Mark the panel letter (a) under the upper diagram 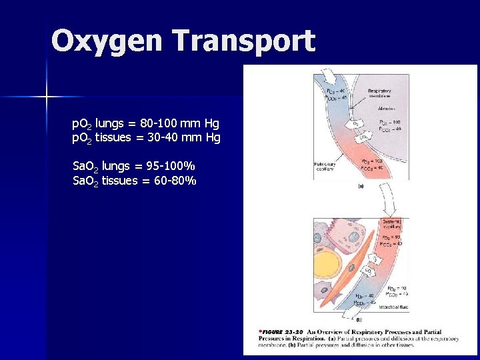tap(361, 187)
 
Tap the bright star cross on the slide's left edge tap(47, 97)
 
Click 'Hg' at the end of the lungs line tap(212, 123)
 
